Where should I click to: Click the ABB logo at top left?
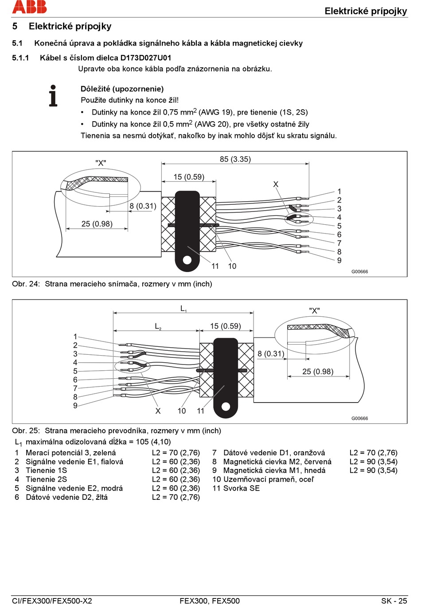click(x=29, y=7)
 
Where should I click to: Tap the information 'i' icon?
click(x=53, y=96)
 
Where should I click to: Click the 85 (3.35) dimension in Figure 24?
click(x=235, y=159)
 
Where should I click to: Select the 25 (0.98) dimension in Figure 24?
click(x=97, y=224)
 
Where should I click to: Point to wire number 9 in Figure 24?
click(x=339, y=261)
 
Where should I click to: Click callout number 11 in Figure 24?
click(x=215, y=266)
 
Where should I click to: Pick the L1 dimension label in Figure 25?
click(x=183, y=309)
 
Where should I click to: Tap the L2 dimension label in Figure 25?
click(x=158, y=326)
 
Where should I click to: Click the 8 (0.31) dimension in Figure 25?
click(x=271, y=354)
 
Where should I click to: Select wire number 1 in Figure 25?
click(x=75, y=337)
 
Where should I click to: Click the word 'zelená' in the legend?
click(x=104, y=453)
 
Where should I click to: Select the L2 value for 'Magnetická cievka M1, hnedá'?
click(x=373, y=471)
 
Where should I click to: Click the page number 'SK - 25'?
click(x=394, y=601)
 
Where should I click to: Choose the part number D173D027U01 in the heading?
click(x=145, y=58)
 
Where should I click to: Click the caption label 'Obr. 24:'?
click(x=26, y=284)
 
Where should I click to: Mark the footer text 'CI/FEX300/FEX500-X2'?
click(x=52, y=601)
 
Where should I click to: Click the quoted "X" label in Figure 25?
click(x=314, y=311)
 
